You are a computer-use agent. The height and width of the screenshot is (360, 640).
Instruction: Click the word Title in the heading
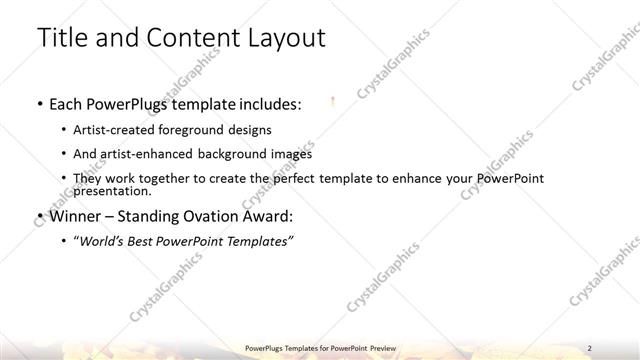63,38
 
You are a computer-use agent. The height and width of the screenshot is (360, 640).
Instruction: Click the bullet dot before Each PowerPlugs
38,104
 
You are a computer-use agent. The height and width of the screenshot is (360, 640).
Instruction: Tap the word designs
247,130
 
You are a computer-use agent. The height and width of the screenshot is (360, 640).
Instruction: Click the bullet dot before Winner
38,216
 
